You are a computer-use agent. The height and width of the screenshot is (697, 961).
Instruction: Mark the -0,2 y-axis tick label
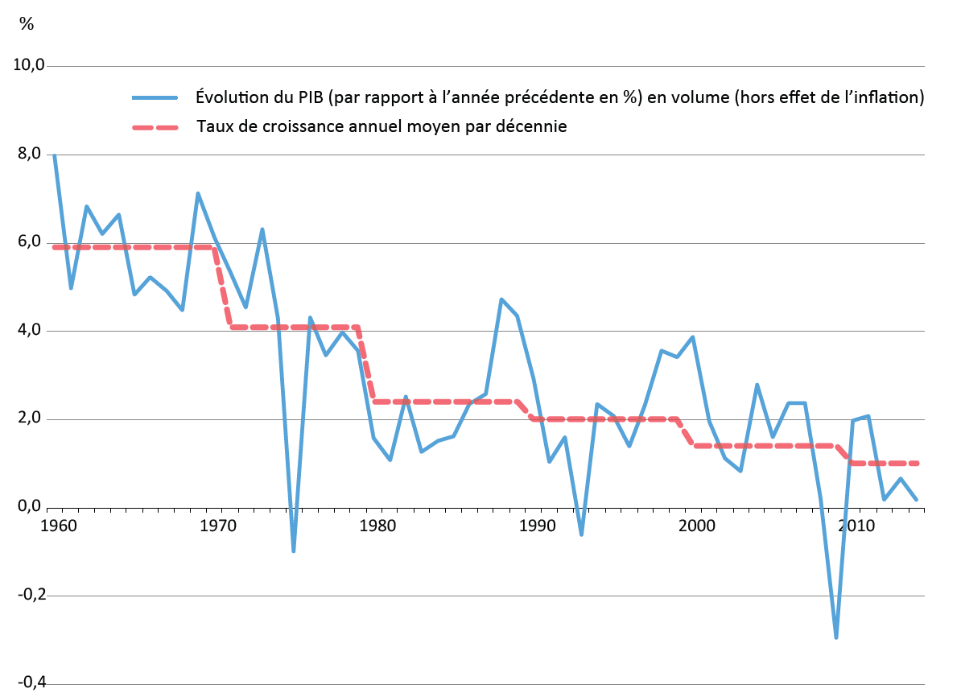click(30, 596)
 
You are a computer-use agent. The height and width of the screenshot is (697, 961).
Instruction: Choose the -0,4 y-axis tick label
click(30, 683)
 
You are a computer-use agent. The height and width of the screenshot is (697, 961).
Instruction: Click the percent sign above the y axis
click(27, 24)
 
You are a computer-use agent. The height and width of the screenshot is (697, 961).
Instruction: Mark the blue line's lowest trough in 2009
click(837, 637)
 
